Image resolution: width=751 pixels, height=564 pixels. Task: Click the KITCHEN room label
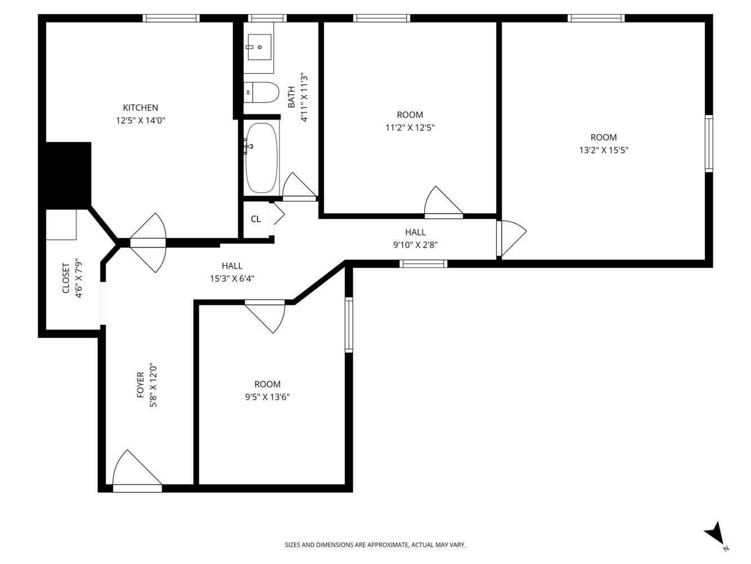pos(140,108)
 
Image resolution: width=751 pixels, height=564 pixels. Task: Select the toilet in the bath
pos(261,92)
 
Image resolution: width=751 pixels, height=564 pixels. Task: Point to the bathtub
pos(261,157)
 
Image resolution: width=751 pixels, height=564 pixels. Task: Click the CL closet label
pos(256,219)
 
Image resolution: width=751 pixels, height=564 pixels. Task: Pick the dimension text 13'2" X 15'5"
pos(603,151)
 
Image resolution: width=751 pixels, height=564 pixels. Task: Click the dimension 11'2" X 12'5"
pos(410,127)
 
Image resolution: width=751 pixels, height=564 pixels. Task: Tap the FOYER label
pos(140,385)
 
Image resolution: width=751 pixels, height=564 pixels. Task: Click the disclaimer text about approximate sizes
pos(375,545)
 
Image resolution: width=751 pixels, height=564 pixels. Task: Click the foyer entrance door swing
pos(137,471)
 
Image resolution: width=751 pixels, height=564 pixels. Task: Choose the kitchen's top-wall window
pos(171,18)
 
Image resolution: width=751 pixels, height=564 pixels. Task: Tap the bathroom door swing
pos(299,187)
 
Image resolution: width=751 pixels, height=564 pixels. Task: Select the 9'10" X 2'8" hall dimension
pos(415,245)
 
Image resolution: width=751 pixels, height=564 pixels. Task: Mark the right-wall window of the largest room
pos(709,143)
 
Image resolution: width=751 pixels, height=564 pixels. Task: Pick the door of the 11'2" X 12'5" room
pos(444,202)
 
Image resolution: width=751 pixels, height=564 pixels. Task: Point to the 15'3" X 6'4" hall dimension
pos(232,279)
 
